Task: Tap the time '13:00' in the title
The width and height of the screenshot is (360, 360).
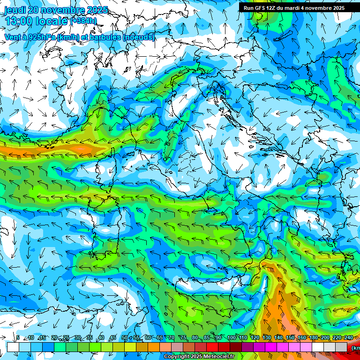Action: coord(18,21)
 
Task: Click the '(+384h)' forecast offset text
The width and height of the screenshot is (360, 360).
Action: coord(83,21)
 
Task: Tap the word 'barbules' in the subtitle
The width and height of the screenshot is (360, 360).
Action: coord(104,37)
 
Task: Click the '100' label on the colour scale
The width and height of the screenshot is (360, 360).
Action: coord(231,337)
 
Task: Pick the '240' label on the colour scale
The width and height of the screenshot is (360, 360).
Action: coord(348,337)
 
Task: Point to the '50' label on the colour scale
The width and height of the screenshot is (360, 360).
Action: coord(124,337)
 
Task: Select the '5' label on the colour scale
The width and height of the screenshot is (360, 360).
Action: coord(18,337)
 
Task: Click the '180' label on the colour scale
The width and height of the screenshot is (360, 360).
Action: coord(313,337)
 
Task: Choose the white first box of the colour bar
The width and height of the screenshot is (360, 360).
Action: coord(13,346)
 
